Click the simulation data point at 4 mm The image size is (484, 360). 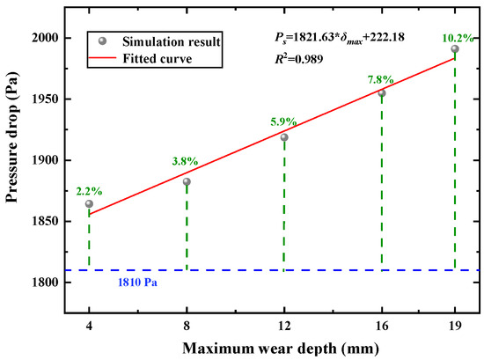[89, 203]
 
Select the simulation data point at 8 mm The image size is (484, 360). [187, 181]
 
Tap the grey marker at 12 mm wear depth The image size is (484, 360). [284, 137]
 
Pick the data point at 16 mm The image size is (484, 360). [381, 93]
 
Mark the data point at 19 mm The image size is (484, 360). [454, 49]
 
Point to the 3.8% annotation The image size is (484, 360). [185, 161]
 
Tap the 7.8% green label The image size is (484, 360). [380, 79]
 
